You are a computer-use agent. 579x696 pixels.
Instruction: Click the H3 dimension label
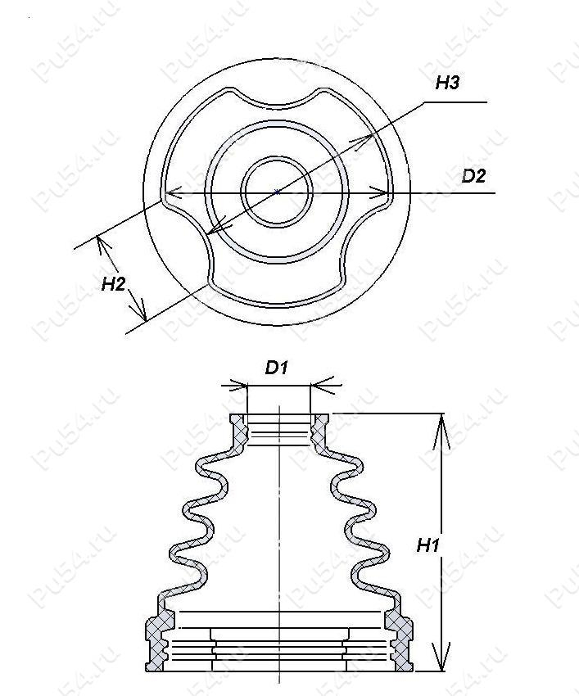[x=447, y=83]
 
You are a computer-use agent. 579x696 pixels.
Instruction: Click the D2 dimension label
[x=474, y=176]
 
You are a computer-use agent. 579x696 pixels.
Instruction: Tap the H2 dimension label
[x=114, y=283]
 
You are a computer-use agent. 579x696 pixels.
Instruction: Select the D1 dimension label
[x=277, y=368]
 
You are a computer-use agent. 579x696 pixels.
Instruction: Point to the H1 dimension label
[x=428, y=545]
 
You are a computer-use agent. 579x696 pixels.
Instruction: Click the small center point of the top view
[x=277, y=192]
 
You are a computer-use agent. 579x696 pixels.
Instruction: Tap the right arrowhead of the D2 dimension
[x=380, y=193]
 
